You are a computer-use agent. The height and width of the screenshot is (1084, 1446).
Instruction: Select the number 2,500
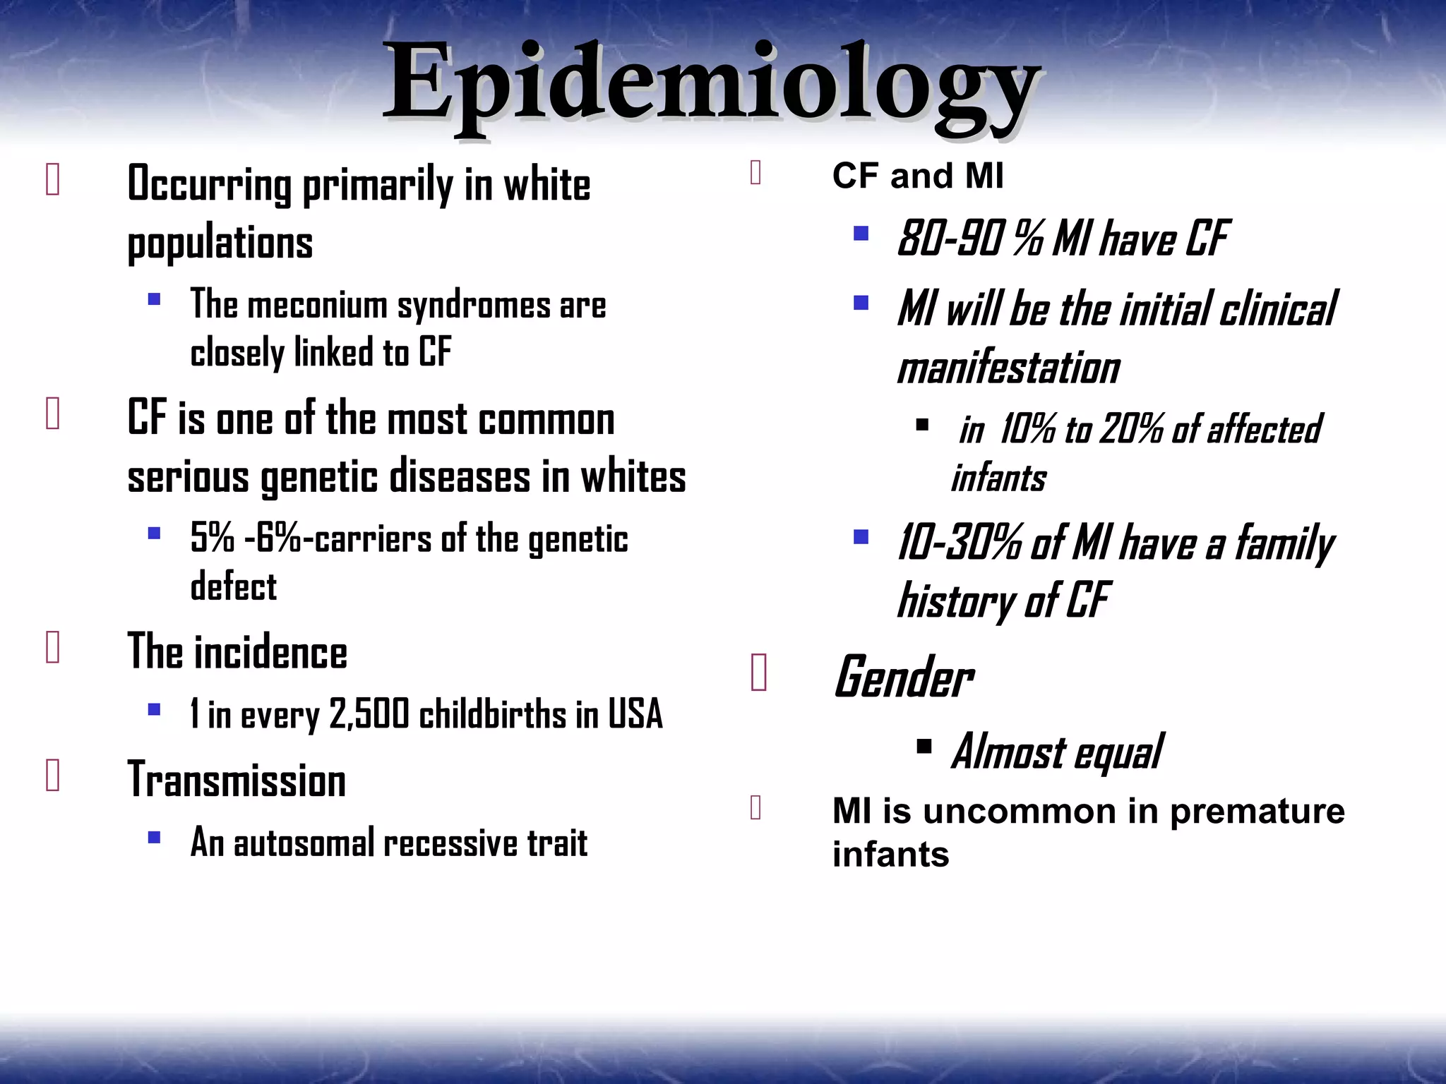[x=369, y=714]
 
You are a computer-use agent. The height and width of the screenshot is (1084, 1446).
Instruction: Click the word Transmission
[x=237, y=781]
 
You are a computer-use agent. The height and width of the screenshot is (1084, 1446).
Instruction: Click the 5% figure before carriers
[x=212, y=539]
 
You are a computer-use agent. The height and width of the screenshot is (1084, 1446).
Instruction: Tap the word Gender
[x=904, y=677]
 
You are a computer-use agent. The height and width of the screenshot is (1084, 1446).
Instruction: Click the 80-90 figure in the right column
[x=950, y=239]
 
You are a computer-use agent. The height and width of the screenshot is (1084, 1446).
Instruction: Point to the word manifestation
[x=1008, y=368]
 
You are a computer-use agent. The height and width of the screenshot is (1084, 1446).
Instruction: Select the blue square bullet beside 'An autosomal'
[x=154, y=838]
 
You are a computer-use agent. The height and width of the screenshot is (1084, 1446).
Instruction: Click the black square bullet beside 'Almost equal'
[x=924, y=747]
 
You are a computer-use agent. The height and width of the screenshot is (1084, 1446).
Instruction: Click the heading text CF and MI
[x=917, y=176]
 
